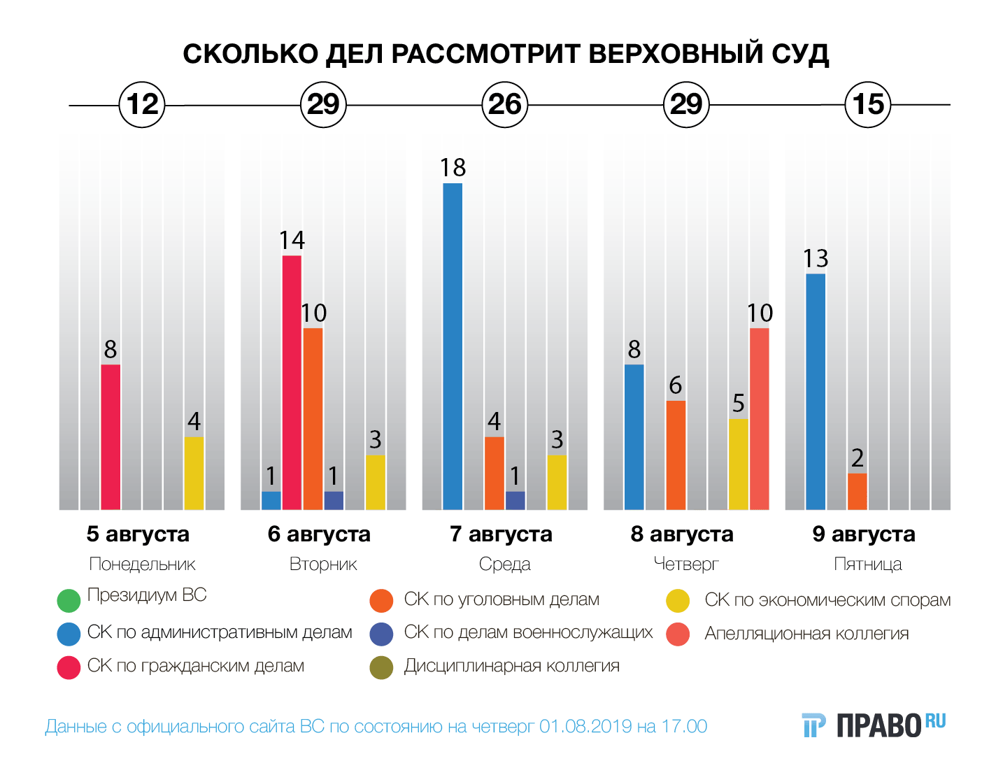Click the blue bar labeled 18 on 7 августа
point(453,346)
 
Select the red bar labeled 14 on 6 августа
point(292,383)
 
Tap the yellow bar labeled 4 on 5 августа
point(194,474)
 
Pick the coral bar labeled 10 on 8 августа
point(759,419)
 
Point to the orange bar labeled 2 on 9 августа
point(857,492)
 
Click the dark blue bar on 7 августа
point(515,501)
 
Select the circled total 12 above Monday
point(142,105)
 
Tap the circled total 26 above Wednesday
point(504,105)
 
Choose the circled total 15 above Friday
point(868,105)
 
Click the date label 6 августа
point(319,534)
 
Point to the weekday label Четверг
point(686,564)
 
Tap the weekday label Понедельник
point(142,564)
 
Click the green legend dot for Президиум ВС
point(69,600)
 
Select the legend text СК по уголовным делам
point(501,599)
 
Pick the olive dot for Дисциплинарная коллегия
point(381,667)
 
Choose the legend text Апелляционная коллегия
point(806,634)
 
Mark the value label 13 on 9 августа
point(816,259)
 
